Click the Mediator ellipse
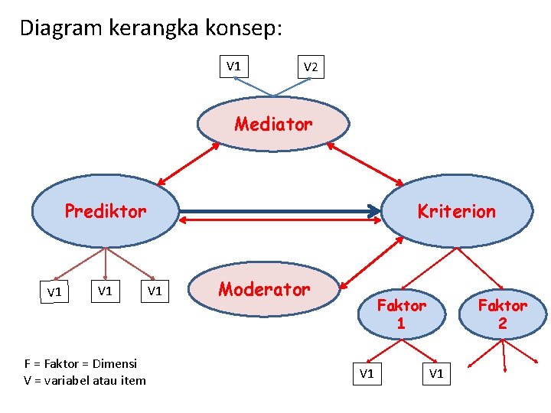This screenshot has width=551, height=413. [x=273, y=124]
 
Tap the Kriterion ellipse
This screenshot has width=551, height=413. [x=456, y=212]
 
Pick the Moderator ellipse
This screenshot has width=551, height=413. [x=264, y=289]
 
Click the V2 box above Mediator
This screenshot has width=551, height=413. [x=311, y=67]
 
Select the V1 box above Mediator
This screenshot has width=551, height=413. [x=233, y=66]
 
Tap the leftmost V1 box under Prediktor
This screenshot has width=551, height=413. [x=54, y=291]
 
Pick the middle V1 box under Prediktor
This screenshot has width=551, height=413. [x=105, y=291]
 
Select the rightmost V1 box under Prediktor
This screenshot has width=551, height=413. [x=155, y=291]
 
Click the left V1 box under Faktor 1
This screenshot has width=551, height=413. [x=367, y=374]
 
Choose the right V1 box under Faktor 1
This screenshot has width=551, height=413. [x=436, y=374]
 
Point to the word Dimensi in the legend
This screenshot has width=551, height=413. [x=114, y=364]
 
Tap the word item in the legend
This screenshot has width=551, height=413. [x=132, y=380]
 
